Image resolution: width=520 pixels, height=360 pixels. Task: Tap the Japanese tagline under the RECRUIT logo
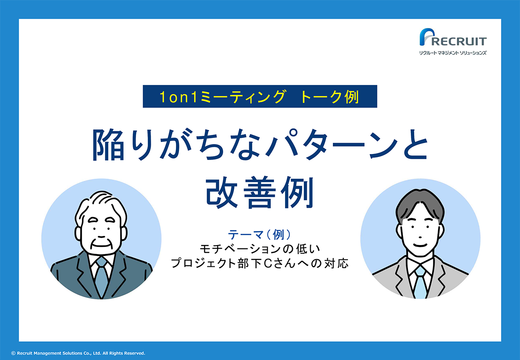point(453,53)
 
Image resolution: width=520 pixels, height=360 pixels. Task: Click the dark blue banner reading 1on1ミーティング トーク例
point(260,96)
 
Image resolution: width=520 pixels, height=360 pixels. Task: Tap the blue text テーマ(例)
point(260,235)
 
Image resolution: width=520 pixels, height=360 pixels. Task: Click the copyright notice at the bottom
point(78,353)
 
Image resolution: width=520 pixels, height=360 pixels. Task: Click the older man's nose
point(101,232)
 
